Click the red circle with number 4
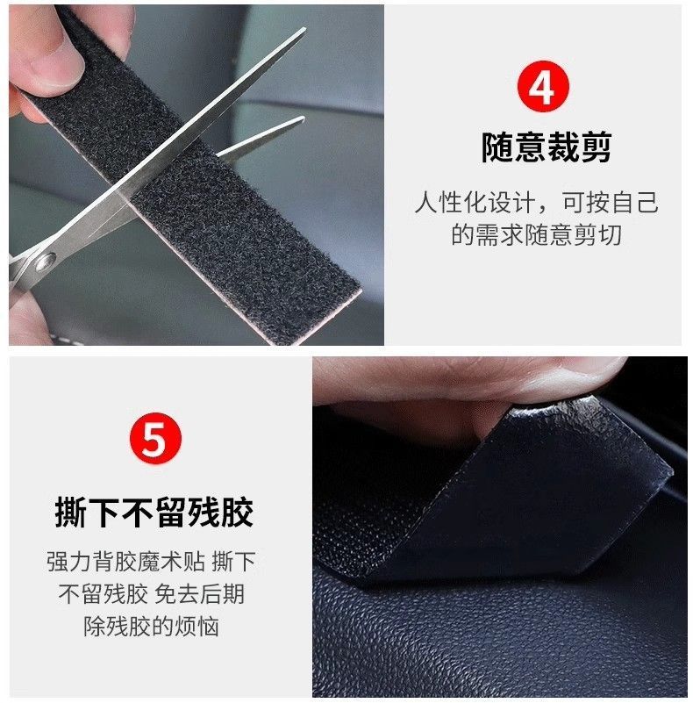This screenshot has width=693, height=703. tap(543, 87)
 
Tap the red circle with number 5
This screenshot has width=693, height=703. tap(155, 439)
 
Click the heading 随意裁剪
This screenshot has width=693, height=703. tap(547, 147)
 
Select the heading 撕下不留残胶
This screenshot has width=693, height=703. tap(154, 512)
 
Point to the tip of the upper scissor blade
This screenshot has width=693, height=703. tap(304, 29)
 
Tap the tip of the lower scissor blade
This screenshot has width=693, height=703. tap(304, 118)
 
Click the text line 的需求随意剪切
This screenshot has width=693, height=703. tap(536, 234)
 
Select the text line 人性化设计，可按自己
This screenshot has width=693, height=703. tap(537, 202)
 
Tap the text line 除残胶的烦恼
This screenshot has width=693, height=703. tap(151, 627)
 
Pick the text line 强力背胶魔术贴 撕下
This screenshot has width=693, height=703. tap(151, 562)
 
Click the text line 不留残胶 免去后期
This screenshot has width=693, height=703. tap(151, 593)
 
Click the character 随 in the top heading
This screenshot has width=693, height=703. tap(497, 147)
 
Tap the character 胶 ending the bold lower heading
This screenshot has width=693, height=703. tap(238, 512)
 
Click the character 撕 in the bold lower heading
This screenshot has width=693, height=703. tap(71, 512)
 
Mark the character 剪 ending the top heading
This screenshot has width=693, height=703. tap(597, 147)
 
